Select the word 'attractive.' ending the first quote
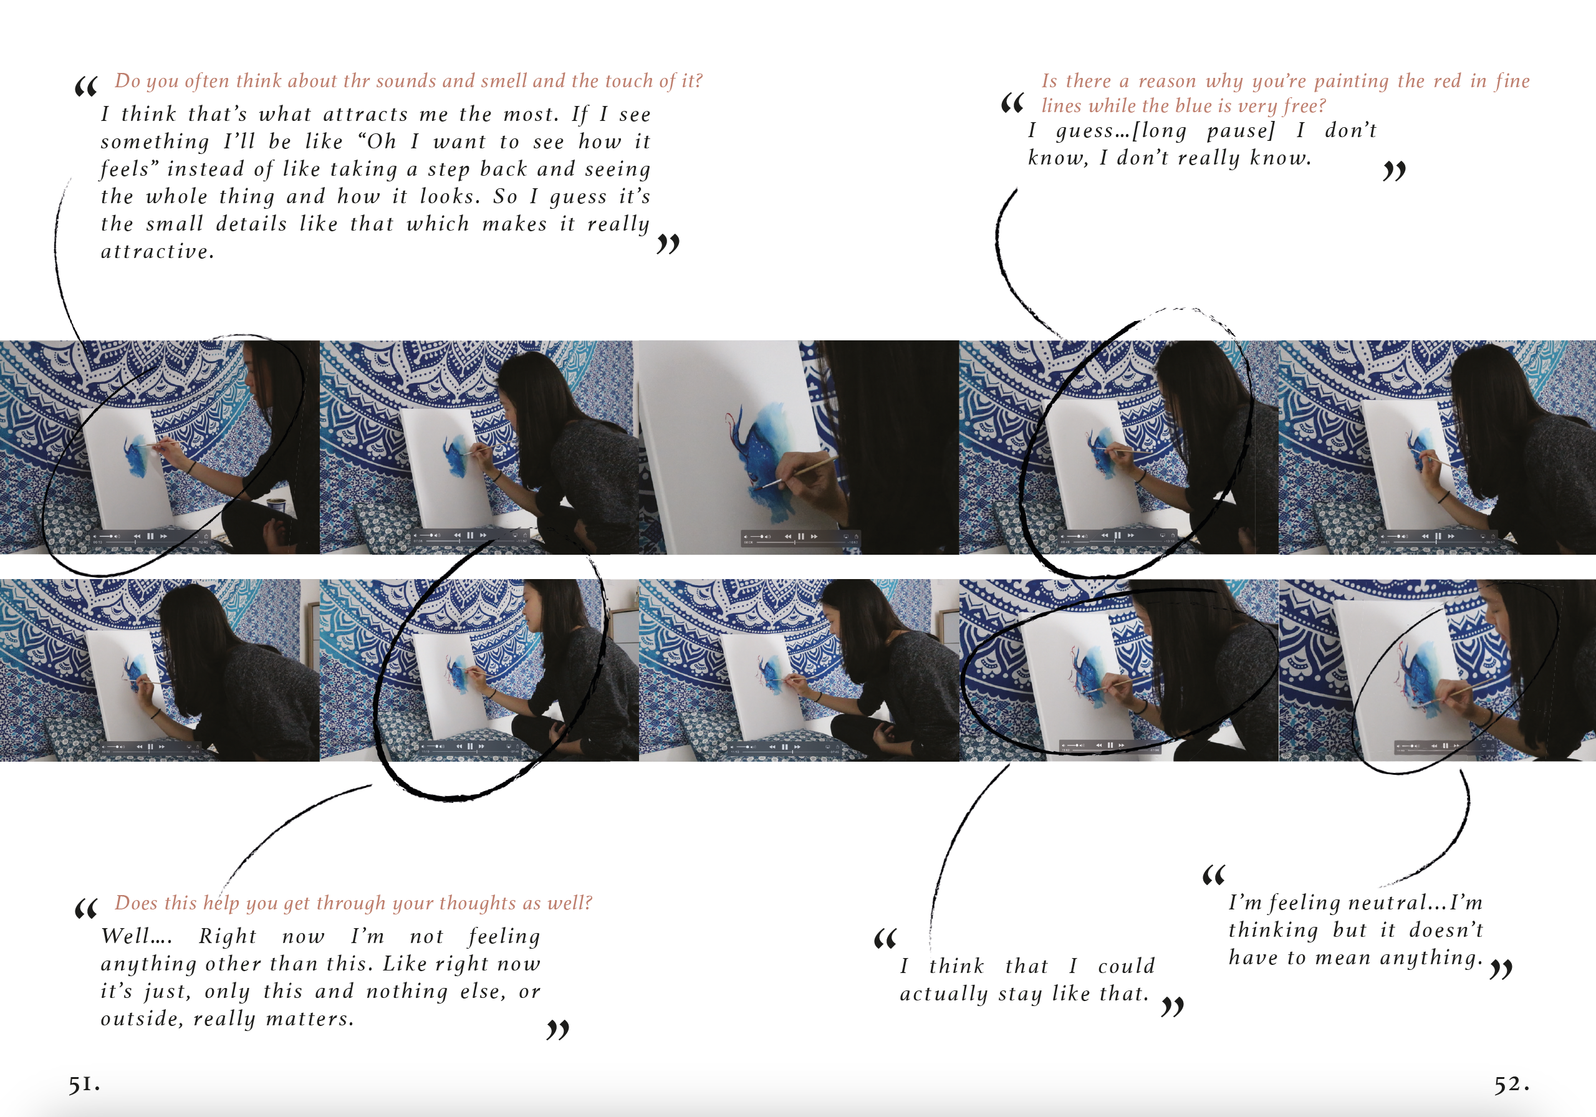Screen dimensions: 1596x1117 tap(157, 252)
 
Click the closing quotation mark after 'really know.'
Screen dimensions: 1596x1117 tap(1394, 171)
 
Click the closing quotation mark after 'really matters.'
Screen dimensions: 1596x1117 tap(558, 1029)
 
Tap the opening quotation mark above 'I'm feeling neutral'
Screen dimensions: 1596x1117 tap(1214, 875)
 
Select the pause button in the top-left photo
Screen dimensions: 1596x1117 tap(150, 536)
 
